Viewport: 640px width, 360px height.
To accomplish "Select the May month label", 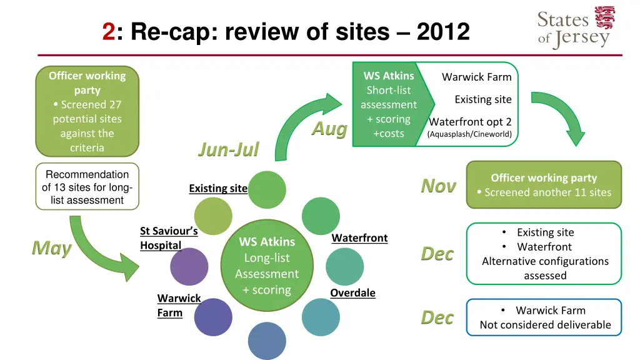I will (x=52, y=248).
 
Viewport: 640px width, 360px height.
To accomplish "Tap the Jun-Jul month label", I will (x=228, y=149).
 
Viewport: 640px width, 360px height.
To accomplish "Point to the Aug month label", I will (x=329, y=129).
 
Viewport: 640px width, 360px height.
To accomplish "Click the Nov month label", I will (x=438, y=186).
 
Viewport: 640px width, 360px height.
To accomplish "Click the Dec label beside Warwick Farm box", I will (x=437, y=317).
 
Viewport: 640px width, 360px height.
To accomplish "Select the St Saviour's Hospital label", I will (x=169, y=238).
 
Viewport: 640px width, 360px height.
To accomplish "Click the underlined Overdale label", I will (x=352, y=293).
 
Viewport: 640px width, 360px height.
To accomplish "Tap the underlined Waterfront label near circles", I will (x=359, y=238).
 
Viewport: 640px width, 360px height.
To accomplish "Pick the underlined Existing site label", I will (x=218, y=189).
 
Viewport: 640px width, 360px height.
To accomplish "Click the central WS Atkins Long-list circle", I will (x=267, y=266).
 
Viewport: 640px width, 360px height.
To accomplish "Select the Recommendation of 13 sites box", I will (x=87, y=187).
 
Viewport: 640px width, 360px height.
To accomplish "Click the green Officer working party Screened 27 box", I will (x=87, y=111).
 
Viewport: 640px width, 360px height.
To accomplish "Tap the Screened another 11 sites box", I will (x=544, y=185).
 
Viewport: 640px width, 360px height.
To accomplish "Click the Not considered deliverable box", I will (x=544, y=317).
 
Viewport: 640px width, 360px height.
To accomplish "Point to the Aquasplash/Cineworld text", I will (x=469, y=134).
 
